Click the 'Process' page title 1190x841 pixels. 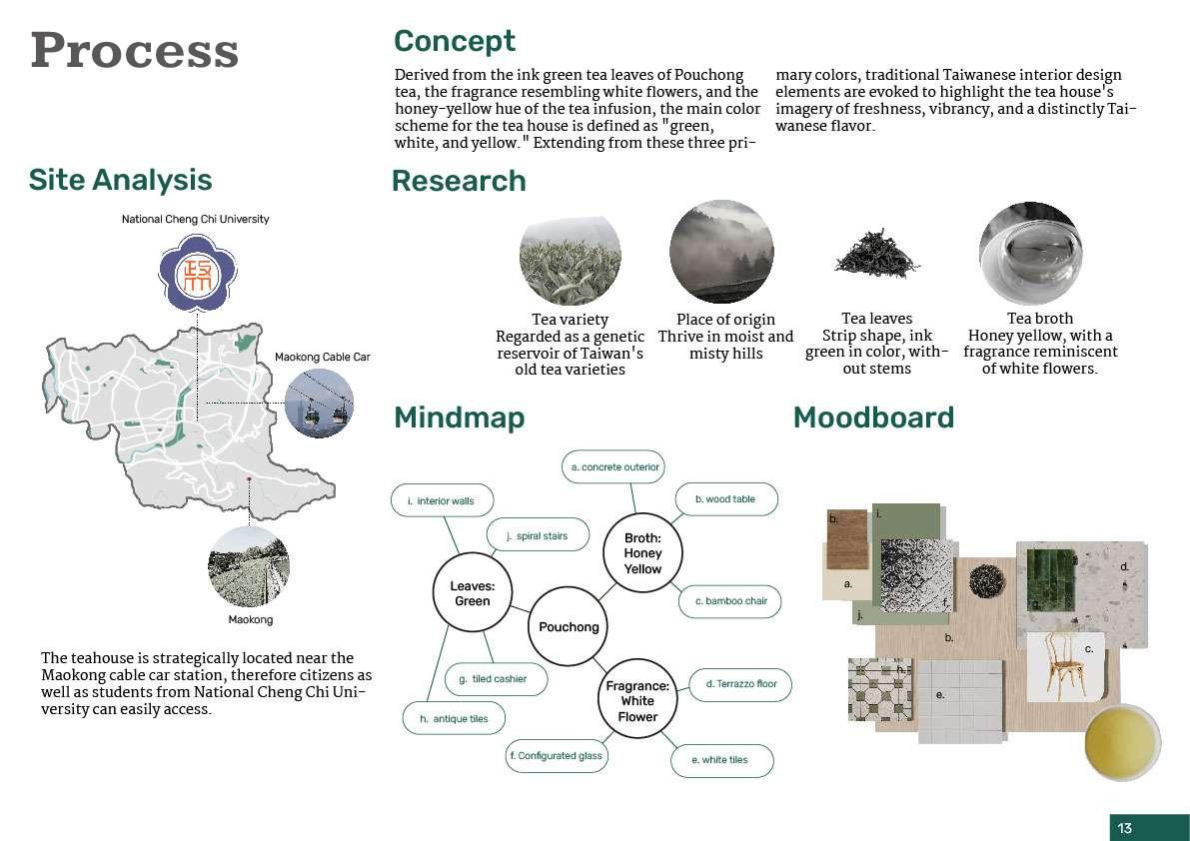[x=134, y=50]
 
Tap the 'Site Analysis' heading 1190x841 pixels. [x=120, y=180]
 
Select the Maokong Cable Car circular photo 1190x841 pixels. [x=319, y=403]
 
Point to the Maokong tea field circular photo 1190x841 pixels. [x=249, y=566]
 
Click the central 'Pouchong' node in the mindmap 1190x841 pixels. [x=569, y=627]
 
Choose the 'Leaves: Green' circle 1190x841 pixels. [x=473, y=594]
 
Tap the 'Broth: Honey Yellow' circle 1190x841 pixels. [x=642, y=553]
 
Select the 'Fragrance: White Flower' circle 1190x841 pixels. [x=637, y=701]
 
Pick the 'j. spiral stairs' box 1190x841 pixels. [x=537, y=535]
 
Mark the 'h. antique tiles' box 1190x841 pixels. [x=453, y=718]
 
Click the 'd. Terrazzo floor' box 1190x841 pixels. [x=740, y=684]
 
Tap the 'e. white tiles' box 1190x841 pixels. [x=719, y=760]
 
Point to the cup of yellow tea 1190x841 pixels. [x=1124, y=743]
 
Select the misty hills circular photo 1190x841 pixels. [x=721, y=253]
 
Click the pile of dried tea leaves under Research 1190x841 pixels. [x=876, y=254]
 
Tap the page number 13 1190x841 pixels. [x=1125, y=828]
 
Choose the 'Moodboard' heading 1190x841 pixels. [x=873, y=418]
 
